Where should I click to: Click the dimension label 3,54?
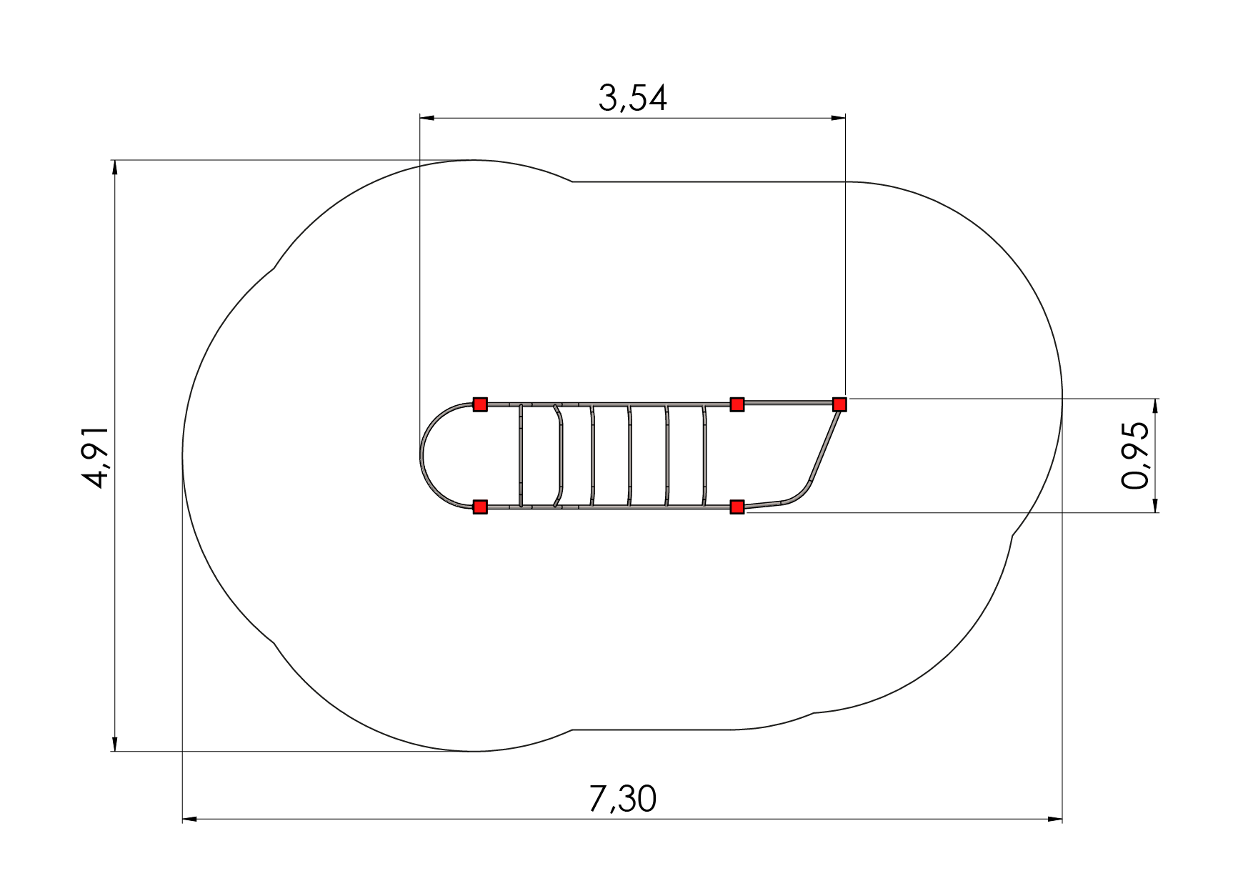pos(632,99)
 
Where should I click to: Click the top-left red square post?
pos(480,405)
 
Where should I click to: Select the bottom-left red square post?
pos(480,507)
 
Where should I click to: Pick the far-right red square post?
pos(839,404)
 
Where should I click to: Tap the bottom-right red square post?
pos(737,507)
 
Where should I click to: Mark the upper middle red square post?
pos(737,405)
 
